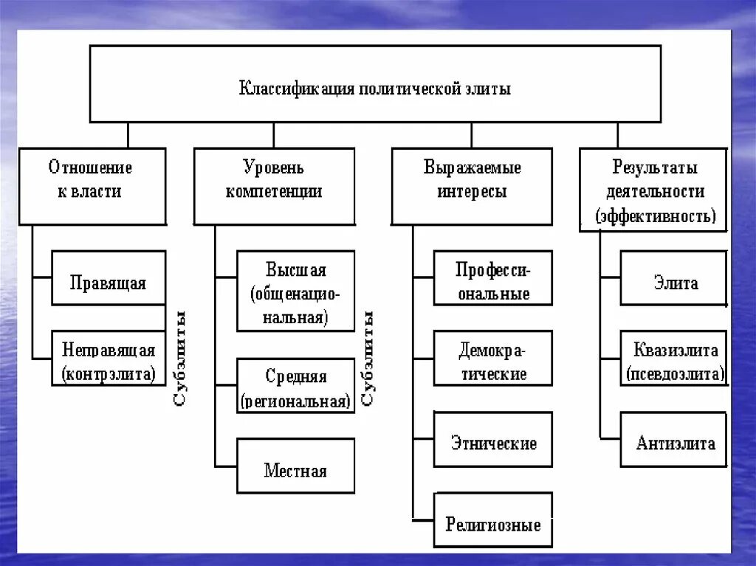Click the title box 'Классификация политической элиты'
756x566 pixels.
[x=375, y=83]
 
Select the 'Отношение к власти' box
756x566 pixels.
[x=92, y=186]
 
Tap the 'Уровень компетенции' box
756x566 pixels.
[x=274, y=186]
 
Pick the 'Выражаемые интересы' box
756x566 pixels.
[x=472, y=186]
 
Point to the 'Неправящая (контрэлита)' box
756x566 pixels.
[x=109, y=357]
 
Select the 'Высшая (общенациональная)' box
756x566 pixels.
[x=295, y=291]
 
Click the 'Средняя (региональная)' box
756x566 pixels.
[x=295, y=385]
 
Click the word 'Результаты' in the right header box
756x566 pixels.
[x=655, y=168]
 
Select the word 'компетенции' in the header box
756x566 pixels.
[x=274, y=193]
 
